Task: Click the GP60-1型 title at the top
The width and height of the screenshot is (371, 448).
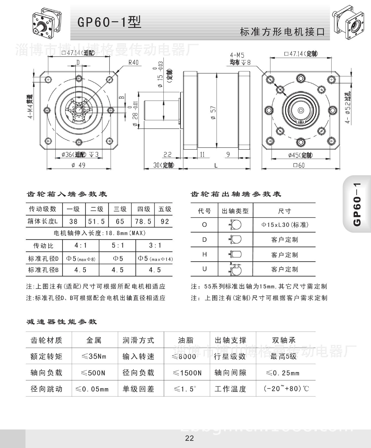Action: (109, 22)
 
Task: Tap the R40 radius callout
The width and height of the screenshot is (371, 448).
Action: (134, 62)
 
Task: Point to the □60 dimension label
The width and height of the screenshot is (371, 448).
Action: (299, 165)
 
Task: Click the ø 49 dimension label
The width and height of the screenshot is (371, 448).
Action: (79, 165)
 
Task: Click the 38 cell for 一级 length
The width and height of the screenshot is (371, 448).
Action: (73, 221)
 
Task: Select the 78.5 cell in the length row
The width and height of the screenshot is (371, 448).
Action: (143, 221)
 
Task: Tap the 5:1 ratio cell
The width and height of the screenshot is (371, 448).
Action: (118, 246)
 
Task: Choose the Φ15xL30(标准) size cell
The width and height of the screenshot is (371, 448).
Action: (285, 225)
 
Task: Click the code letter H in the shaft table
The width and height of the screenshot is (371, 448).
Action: (205, 254)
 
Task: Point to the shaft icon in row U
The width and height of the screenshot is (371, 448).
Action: (235, 269)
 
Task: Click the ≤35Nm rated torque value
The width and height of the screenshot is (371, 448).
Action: (94, 356)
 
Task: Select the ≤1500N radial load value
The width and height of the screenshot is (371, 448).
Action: (187, 373)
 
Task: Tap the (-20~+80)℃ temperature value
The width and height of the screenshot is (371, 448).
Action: (286, 389)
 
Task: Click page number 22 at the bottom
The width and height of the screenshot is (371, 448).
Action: (189, 438)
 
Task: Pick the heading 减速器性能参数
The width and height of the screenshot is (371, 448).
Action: (62, 322)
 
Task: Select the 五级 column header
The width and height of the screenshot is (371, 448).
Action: (165, 209)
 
